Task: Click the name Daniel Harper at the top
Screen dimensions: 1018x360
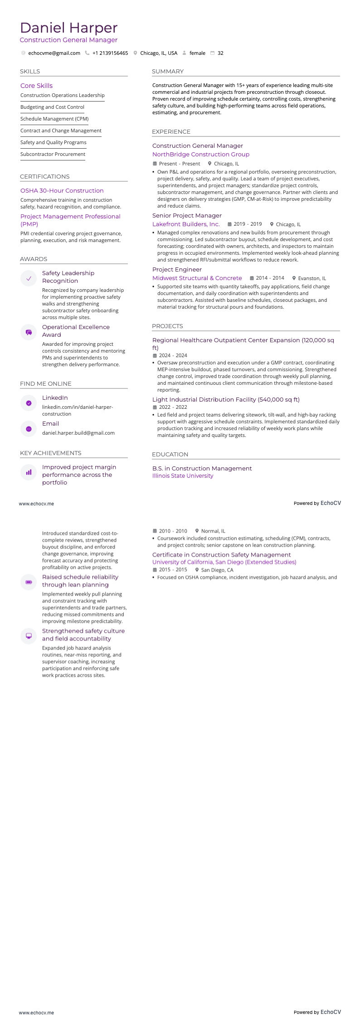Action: (x=69, y=28)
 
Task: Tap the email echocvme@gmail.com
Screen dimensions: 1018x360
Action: (x=54, y=53)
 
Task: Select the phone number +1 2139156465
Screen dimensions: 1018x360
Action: (x=110, y=53)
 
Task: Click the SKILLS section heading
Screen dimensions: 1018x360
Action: (x=30, y=72)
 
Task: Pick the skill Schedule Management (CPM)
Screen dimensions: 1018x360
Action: (x=54, y=119)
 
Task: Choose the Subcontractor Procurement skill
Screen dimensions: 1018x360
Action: (x=53, y=154)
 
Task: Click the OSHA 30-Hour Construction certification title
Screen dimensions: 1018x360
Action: (x=62, y=191)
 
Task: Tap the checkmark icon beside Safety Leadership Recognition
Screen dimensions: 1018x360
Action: (x=29, y=279)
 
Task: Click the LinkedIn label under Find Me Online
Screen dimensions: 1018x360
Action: (x=55, y=398)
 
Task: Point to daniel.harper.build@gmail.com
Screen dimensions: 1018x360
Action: (x=78, y=433)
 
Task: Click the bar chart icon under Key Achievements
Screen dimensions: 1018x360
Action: (x=29, y=472)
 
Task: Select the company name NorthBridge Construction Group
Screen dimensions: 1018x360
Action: (x=200, y=155)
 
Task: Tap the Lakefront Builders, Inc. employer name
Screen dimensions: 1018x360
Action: (x=186, y=224)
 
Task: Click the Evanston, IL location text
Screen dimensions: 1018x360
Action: (x=312, y=278)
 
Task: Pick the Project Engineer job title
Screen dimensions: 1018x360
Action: (x=177, y=270)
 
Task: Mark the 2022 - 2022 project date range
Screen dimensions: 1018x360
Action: (x=173, y=407)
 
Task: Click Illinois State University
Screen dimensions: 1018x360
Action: (x=182, y=476)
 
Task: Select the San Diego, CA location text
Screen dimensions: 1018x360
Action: (x=217, y=570)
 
